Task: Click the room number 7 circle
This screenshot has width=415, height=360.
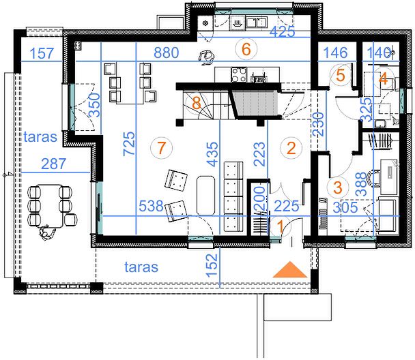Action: pyautogui.click(x=161, y=147)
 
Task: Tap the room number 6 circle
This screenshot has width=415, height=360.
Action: pyautogui.click(x=246, y=49)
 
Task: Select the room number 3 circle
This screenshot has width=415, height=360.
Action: pyautogui.click(x=338, y=187)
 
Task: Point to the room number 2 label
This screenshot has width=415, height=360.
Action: pyautogui.click(x=291, y=148)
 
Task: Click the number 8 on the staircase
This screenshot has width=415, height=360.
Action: pyautogui.click(x=196, y=103)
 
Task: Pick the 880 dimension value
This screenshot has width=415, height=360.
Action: pyautogui.click(x=167, y=52)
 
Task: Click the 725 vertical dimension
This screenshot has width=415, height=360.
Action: pyautogui.click(x=130, y=144)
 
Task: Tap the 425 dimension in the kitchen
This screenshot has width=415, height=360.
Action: pyautogui.click(x=282, y=32)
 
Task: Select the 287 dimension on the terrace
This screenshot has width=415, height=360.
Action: pyautogui.click(x=54, y=164)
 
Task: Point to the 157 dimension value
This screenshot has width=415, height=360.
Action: pyautogui.click(x=42, y=53)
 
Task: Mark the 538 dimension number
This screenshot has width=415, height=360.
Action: pyautogui.click(x=151, y=206)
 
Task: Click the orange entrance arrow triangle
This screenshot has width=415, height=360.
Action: pyautogui.click(x=290, y=269)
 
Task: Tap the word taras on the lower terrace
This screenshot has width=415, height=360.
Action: pyautogui.click(x=141, y=267)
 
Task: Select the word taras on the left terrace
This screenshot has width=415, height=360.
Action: pyautogui.click(x=40, y=137)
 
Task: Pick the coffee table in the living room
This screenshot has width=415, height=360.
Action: pyautogui.click(x=205, y=195)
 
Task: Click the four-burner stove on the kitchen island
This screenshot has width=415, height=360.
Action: pyautogui.click(x=239, y=75)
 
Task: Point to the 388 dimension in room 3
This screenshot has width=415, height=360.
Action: pyautogui.click(x=362, y=184)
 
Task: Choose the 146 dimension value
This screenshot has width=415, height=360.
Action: pyautogui.click(x=336, y=52)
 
